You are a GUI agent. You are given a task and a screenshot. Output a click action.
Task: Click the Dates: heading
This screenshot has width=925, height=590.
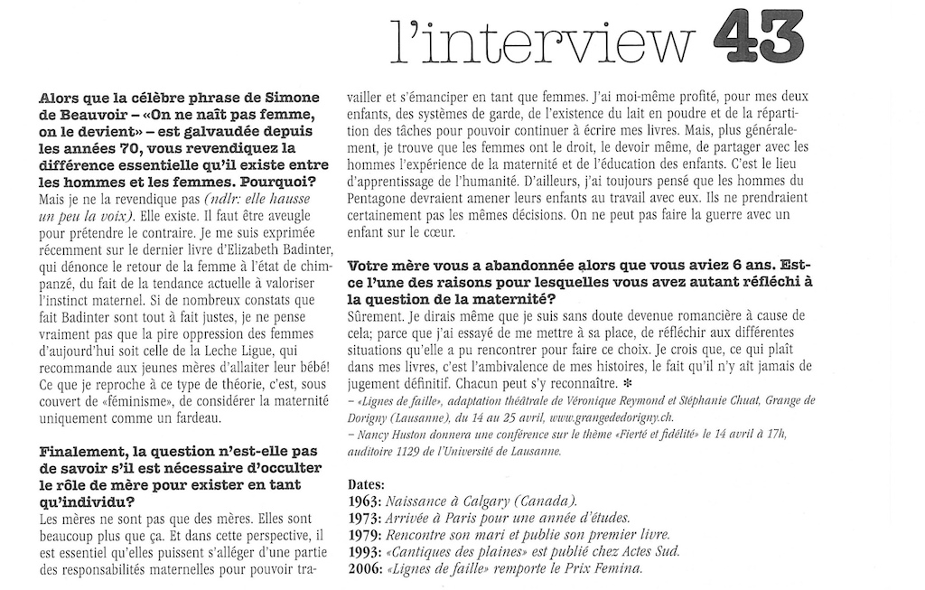click(x=367, y=484)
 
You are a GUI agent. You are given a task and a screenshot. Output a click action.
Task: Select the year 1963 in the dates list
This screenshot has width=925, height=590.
click(x=364, y=501)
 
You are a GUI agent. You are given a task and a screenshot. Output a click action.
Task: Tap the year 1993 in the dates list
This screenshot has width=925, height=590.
click(x=364, y=551)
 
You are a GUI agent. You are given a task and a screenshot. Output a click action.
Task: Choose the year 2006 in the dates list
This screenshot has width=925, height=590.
click(x=364, y=568)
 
